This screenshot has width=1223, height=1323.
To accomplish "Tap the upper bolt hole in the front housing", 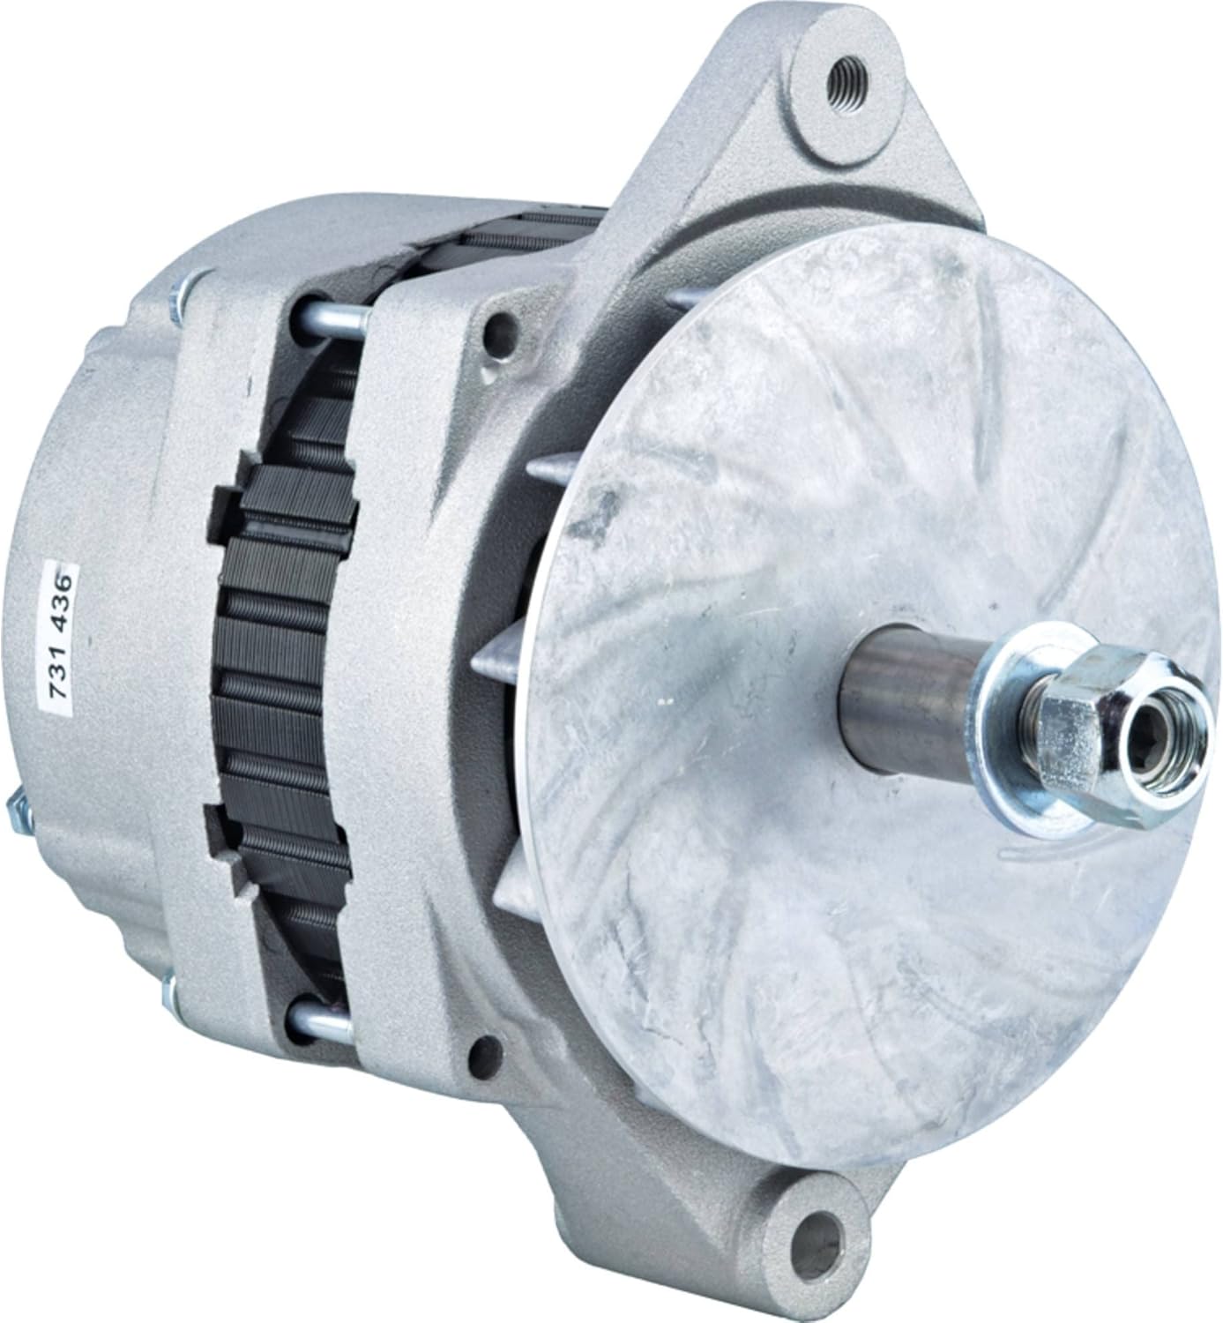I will (x=500, y=333).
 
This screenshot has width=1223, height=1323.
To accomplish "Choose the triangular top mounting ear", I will (x=785, y=115).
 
